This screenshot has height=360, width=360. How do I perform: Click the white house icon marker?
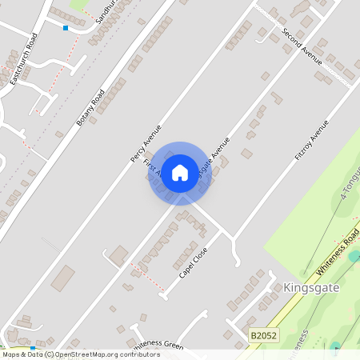pyautogui.click(x=180, y=172)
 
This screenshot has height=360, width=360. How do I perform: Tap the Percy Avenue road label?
pyautogui.click(x=146, y=144)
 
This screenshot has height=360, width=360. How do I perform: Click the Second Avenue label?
pyautogui.click(x=302, y=47)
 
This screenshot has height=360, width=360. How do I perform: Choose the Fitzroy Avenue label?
pyautogui.click(x=311, y=141)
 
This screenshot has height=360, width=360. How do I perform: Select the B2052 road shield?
pyautogui.click(x=262, y=336)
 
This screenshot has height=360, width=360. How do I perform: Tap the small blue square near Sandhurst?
pyautogui.click(x=66, y=28)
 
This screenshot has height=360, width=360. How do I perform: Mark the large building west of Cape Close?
pyautogui.click(x=118, y=256)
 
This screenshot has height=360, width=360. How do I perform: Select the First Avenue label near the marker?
pyautogui.click(x=152, y=168)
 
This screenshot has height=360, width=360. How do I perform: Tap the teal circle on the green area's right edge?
pyautogui.click(x=354, y=256)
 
